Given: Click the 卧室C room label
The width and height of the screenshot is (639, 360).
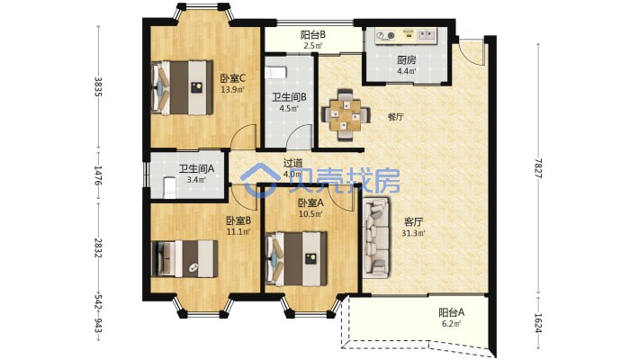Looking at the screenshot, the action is point(232,78).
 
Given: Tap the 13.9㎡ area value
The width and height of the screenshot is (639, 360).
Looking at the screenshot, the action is point(232,90).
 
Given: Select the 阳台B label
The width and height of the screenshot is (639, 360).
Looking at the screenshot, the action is point(313,35).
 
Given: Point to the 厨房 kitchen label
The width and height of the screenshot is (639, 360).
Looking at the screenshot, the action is point(407,60).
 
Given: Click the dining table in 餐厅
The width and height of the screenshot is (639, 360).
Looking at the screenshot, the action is point(346,115).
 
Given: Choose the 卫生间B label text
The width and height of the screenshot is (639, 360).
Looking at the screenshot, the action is point(289,97).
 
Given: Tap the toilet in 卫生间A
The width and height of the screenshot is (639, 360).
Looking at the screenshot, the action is point(169,187).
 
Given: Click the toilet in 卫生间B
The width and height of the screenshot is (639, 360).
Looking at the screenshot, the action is point(275,73).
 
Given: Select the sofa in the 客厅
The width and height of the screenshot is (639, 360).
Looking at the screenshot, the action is point(376,238).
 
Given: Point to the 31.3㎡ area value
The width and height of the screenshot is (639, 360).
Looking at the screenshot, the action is point(414,234).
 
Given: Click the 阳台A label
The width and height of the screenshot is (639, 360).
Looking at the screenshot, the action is point(452,312).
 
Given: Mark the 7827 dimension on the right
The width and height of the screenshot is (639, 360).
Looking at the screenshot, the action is point(538,168).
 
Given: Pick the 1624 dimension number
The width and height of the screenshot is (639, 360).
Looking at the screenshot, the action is point(538,323).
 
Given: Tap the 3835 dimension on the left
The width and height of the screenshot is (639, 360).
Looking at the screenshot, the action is point(98,86).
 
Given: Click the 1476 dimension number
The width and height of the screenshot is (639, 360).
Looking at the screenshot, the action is point(98,175).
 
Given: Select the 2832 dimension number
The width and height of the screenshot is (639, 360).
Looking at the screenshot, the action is point(98,248).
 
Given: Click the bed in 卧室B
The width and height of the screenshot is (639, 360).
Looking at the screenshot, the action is point(184,258).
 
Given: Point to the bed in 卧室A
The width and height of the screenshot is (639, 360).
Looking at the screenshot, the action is point(296,258).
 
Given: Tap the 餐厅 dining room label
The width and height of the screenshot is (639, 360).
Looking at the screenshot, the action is point(396,117).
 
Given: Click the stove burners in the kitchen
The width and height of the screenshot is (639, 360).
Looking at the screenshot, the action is point(385,36).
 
